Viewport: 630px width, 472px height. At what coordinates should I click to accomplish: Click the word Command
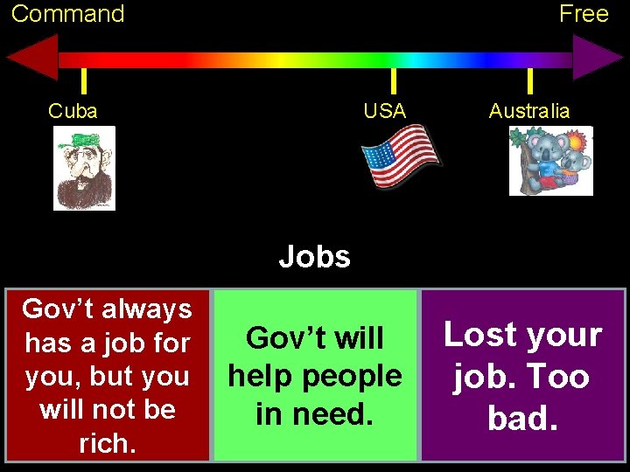67,14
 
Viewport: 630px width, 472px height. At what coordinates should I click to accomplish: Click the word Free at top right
584,14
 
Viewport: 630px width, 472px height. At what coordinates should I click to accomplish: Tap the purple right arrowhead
598,59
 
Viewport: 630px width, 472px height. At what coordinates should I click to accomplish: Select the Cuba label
73,111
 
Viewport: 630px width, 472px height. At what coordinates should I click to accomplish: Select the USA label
385,111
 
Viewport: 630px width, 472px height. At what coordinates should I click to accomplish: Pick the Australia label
528,111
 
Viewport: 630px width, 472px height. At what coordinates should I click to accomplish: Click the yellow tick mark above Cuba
83,81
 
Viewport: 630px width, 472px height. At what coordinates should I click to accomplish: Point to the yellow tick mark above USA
393,81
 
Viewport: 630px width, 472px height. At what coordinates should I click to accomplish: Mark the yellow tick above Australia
529,81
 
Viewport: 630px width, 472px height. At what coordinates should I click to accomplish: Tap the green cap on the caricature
85,140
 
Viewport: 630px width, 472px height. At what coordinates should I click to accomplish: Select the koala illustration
551,161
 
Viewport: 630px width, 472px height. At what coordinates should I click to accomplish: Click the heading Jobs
315,257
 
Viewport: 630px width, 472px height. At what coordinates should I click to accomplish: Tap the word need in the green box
314,413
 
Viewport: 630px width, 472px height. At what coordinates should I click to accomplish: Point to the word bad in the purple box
521,418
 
